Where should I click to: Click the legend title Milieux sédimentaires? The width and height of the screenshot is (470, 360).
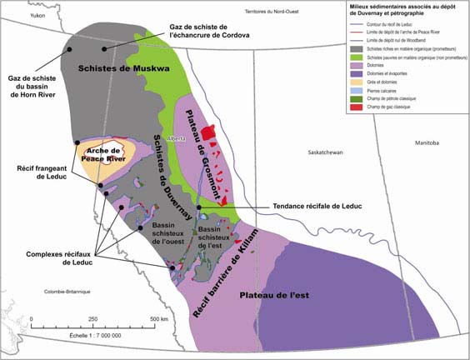tap(403, 12)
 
